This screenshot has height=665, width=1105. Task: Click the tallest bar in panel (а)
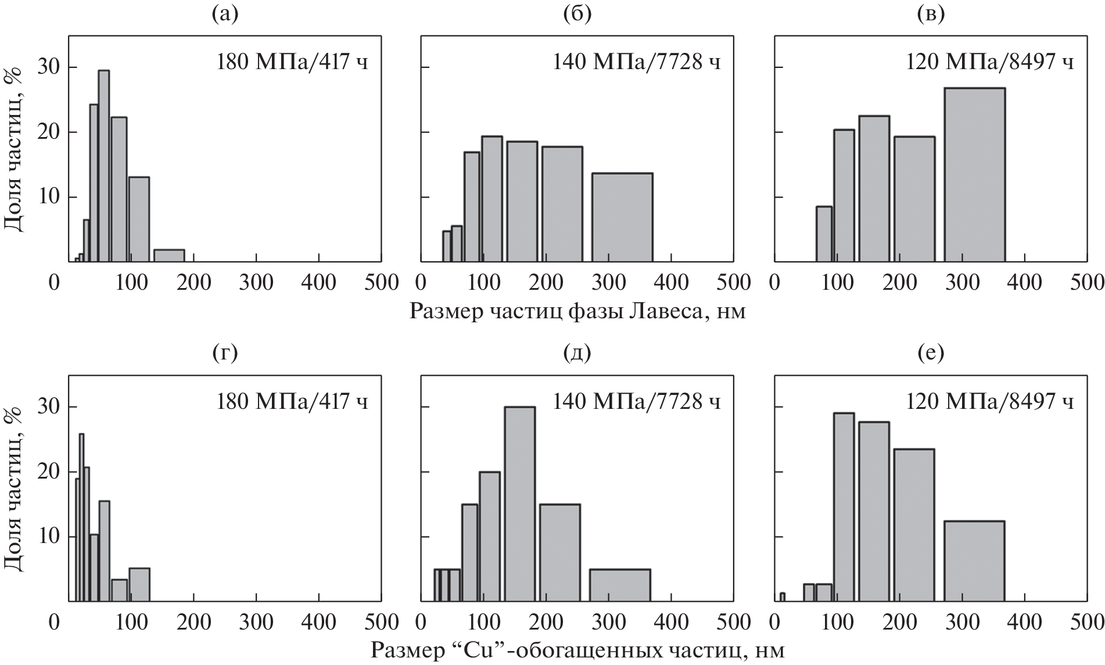(x=103, y=166)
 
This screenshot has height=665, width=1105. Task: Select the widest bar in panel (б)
(x=622, y=217)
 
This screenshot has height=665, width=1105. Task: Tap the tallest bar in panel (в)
(x=974, y=175)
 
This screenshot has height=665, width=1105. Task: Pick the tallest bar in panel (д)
(x=519, y=504)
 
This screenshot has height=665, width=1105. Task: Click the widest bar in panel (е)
(x=974, y=561)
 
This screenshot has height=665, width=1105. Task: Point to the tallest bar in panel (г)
(x=81, y=517)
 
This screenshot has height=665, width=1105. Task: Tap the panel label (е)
(x=931, y=353)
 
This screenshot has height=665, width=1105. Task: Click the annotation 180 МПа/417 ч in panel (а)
(x=292, y=62)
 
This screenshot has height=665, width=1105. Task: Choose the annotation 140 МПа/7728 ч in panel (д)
(x=636, y=402)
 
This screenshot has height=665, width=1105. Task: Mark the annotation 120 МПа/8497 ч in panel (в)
(x=990, y=62)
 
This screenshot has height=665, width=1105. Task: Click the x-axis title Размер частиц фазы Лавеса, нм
(x=577, y=312)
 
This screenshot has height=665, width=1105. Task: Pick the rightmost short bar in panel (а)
(x=169, y=256)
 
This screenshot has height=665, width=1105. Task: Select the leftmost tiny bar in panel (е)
(x=783, y=596)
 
